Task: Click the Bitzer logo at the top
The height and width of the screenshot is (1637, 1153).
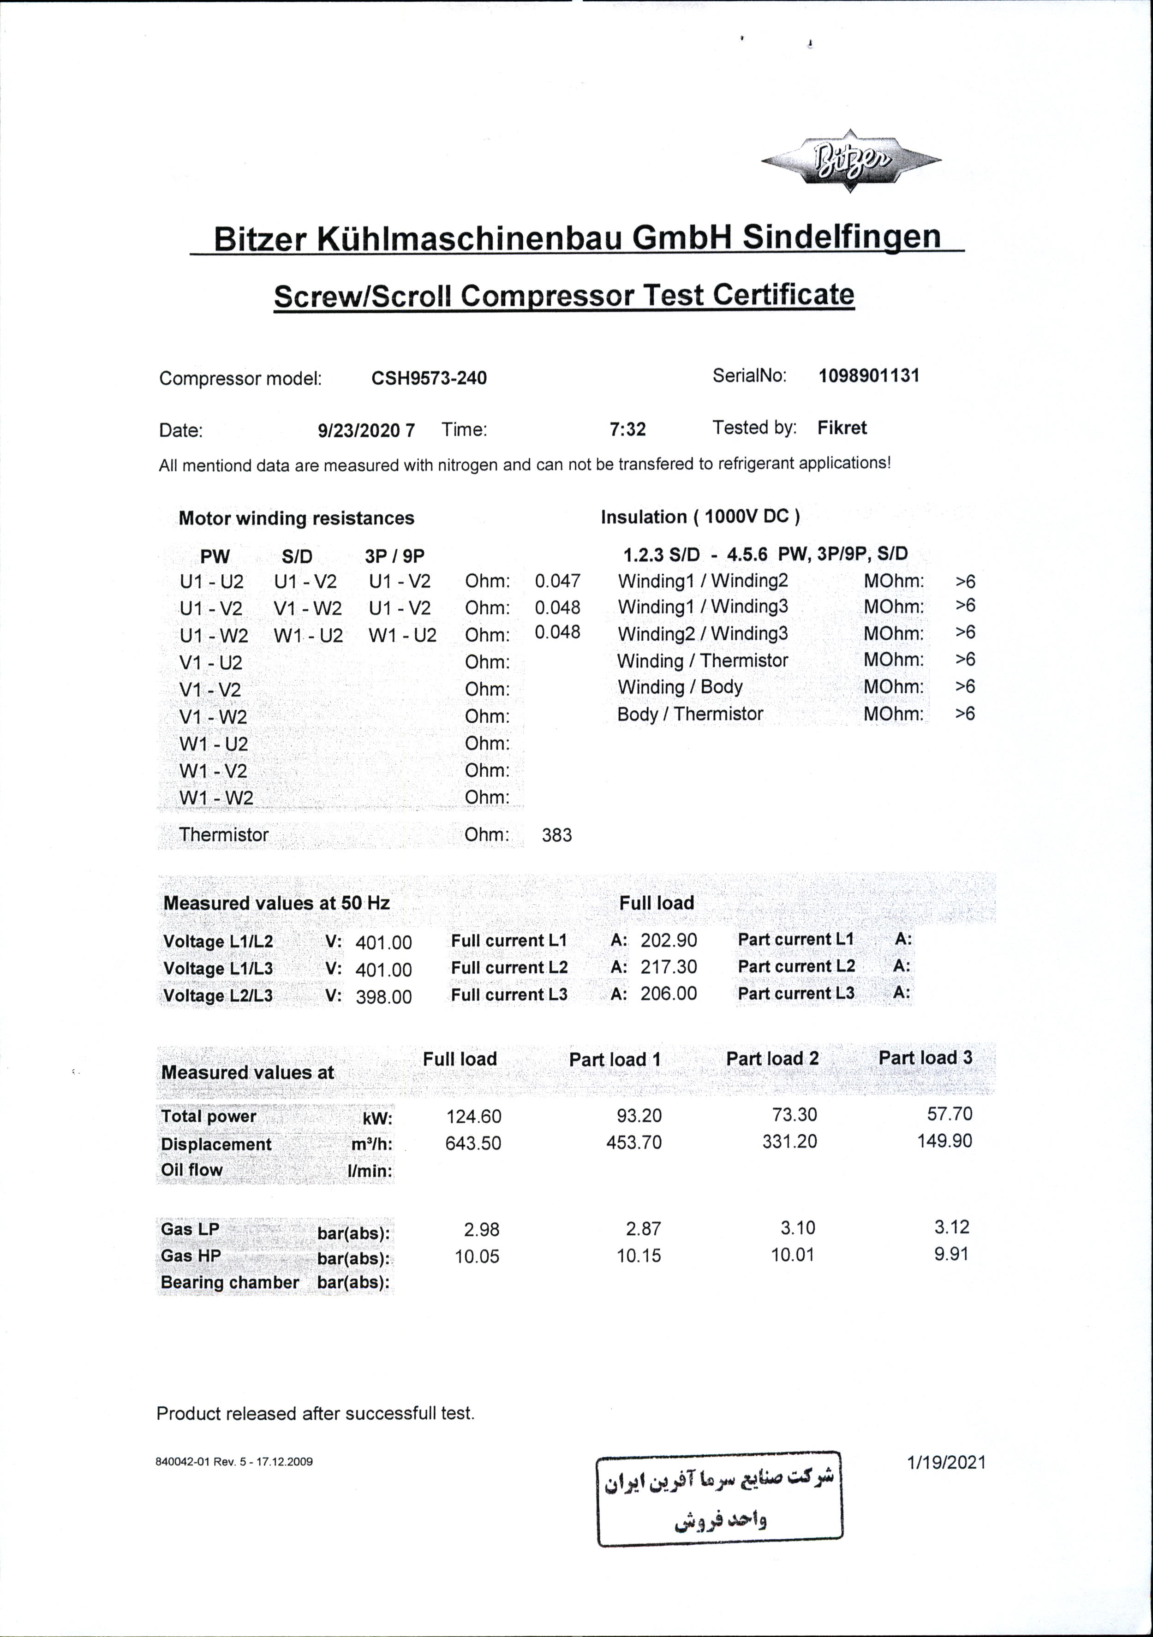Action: point(851,161)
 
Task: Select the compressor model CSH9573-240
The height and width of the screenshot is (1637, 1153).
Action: point(429,378)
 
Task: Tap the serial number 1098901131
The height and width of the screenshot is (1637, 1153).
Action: point(868,376)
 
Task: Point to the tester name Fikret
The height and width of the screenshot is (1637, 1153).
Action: point(842,428)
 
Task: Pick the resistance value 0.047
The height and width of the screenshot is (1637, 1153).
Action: point(558,581)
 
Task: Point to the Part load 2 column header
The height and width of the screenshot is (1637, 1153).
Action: point(772,1059)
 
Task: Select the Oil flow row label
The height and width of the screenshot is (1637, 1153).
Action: point(192,1170)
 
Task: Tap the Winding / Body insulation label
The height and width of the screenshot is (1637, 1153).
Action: point(680,687)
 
